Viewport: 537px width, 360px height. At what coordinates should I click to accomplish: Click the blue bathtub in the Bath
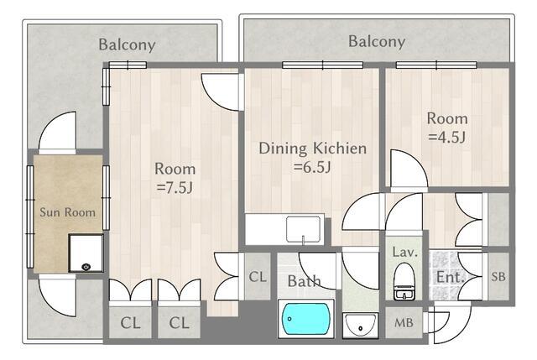(x=306, y=320)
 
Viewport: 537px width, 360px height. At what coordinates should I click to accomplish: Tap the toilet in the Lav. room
(x=404, y=281)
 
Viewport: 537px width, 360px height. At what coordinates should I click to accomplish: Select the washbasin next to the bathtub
(x=360, y=325)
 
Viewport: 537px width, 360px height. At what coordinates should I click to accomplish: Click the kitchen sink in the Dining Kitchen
(x=304, y=228)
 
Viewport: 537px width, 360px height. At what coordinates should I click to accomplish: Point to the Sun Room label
(x=67, y=212)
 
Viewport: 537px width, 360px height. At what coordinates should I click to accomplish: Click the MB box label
(x=404, y=323)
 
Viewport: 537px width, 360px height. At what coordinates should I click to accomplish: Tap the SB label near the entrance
(x=498, y=276)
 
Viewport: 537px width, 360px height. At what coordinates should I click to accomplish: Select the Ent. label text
(x=451, y=277)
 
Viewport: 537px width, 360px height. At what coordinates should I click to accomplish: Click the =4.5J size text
(x=447, y=138)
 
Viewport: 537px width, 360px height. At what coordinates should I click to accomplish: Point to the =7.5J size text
(x=175, y=187)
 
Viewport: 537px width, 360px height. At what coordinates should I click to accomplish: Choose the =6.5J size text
(x=312, y=167)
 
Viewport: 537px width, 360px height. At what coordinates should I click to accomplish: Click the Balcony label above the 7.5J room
(x=127, y=44)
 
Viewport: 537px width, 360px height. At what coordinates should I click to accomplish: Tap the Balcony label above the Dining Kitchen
(x=377, y=41)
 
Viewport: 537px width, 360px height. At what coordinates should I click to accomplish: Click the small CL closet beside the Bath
(x=258, y=276)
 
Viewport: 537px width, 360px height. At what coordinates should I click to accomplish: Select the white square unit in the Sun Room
(x=86, y=253)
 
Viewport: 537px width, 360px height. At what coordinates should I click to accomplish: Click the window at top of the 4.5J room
(x=436, y=65)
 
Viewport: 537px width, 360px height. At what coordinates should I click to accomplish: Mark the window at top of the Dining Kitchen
(x=322, y=65)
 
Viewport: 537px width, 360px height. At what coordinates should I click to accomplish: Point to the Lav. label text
(x=405, y=252)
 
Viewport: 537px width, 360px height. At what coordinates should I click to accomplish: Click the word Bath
(x=304, y=281)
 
